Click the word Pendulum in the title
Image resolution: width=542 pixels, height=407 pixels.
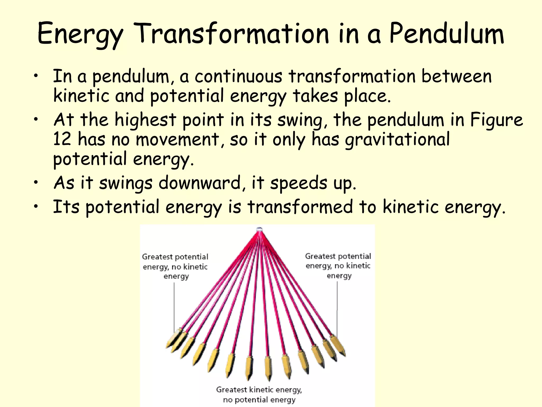coord(446,34)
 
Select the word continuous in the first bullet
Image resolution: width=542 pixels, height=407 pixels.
coord(238,76)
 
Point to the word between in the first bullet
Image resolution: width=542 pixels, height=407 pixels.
coord(456,76)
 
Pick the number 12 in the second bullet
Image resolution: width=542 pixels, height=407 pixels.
coord(62,139)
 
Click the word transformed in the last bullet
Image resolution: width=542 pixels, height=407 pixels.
coord(300,207)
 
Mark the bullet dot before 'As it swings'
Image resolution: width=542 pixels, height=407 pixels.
coord(36,182)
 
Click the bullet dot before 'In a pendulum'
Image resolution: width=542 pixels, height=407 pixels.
coord(36,76)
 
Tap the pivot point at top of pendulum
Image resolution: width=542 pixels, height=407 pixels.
coord(259,229)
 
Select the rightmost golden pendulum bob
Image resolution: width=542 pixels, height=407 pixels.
coord(338,345)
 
